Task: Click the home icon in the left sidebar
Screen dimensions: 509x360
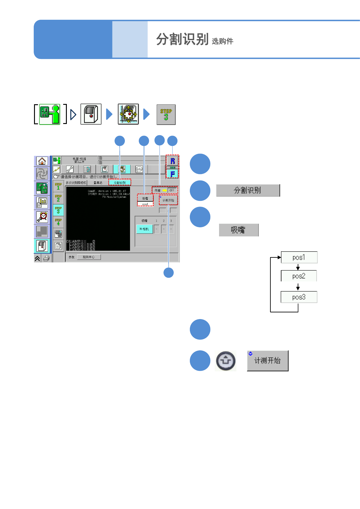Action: [x=42, y=161]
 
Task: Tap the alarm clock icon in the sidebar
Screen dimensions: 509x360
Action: [x=42, y=217]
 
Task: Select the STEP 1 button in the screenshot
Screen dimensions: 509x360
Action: [x=58, y=186]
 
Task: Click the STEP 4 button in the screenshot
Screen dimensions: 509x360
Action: [x=58, y=222]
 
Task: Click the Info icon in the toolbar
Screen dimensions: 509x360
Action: [x=139, y=169]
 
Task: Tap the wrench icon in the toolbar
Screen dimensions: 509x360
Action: [x=70, y=169]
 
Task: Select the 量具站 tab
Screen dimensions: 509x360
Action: [x=98, y=183]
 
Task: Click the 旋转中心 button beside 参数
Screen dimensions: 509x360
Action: [x=89, y=257]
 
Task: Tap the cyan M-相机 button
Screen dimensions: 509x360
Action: [x=144, y=229]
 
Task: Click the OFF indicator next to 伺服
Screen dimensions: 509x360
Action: [x=172, y=190]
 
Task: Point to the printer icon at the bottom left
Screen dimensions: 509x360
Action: [x=46, y=258]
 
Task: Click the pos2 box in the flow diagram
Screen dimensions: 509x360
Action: [x=299, y=276]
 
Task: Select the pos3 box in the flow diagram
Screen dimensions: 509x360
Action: [x=299, y=297]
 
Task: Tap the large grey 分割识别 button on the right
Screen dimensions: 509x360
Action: [x=248, y=191]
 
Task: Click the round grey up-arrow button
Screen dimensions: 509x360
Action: [x=225, y=361]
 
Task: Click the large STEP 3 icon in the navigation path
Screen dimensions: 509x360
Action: [x=166, y=115]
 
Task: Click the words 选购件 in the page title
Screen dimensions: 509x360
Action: [x=222, y=41]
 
